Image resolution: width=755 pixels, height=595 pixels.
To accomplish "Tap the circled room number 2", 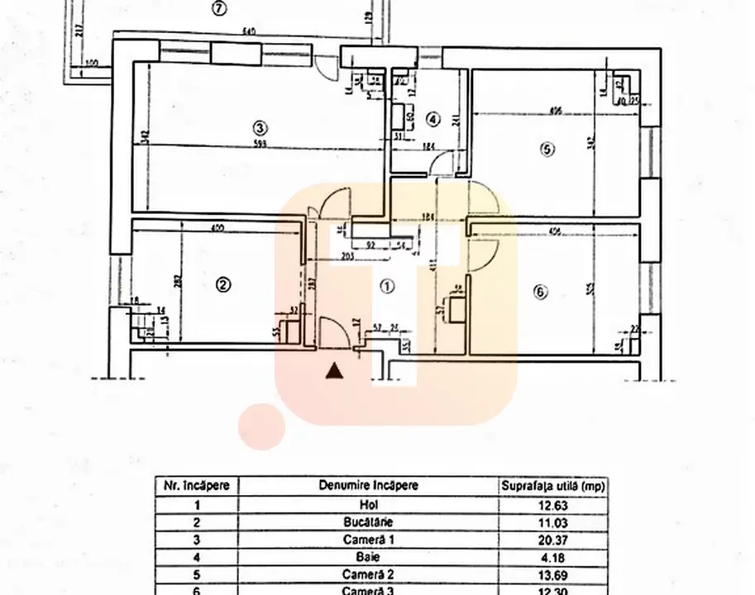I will [x=222, y=285].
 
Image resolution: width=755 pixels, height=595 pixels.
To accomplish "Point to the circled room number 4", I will [x=432, y=119].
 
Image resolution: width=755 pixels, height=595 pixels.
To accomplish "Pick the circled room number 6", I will [x=541, y=292].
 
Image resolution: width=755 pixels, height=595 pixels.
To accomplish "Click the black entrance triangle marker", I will [x=334, y=372].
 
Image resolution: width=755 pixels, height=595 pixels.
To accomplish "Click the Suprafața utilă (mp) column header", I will [x=552, y=486].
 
